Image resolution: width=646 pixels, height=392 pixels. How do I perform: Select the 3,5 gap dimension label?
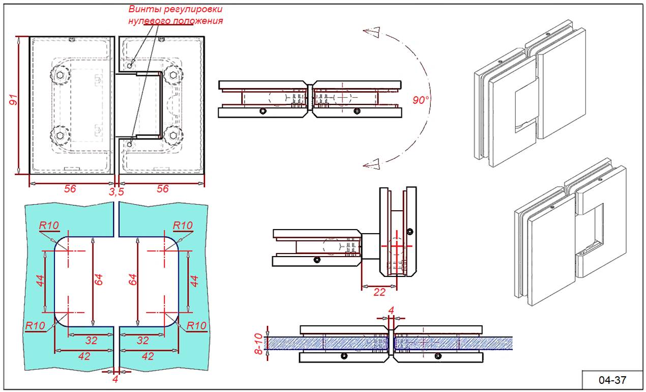click(x=116, y=191)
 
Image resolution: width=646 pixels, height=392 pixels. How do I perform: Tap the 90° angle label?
click(x=421, y=100)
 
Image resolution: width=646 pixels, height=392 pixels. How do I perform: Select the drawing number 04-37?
click(x=612, y=379)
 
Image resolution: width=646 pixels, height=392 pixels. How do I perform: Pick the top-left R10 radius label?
click(x=49, y=225)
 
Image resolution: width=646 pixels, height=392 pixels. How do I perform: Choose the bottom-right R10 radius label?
click(x=196, y=326)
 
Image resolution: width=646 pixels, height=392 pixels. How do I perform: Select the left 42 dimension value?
click(x=83, y=356)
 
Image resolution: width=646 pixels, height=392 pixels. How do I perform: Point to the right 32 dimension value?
click(x=143, y=340)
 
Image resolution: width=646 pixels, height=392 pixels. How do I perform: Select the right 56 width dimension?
click(x=162, y=189)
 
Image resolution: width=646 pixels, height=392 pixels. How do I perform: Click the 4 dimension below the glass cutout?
click(x=115, y=379)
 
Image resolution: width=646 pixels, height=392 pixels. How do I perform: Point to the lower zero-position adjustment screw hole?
click(x=130, y=144)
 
